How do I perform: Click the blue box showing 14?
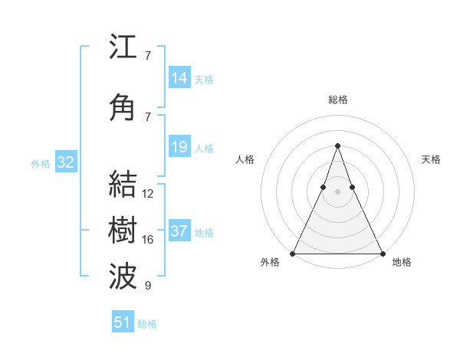point(179,78)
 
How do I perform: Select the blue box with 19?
point(179,147)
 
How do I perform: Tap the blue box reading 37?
point(179,231)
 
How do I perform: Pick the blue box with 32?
point(65,162)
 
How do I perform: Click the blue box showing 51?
point(123,322)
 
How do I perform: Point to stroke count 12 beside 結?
point(148,195)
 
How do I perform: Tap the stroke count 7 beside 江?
point(147,56)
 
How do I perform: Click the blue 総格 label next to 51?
point(147,324)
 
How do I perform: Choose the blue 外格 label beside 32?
point(41,164)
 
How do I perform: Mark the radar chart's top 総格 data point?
point(337,146)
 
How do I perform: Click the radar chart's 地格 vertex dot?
point(382,253)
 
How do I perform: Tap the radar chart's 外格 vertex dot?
point(293,253)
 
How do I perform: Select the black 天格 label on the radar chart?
point(431,159)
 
